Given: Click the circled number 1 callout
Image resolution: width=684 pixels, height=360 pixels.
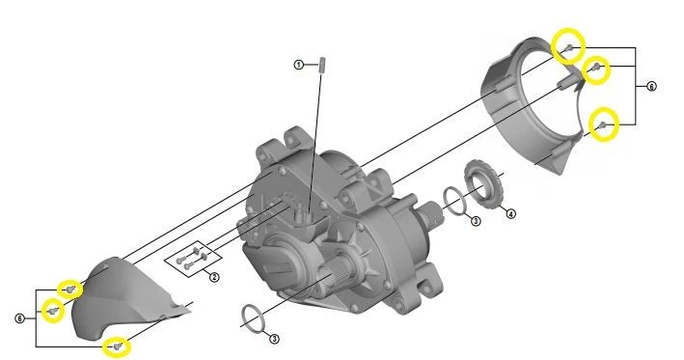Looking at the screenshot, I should [x=299, y=64].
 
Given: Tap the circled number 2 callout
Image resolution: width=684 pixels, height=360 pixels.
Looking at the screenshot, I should [x=214, y=277].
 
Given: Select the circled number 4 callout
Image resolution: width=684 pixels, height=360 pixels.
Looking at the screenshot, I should [x=510, y=213].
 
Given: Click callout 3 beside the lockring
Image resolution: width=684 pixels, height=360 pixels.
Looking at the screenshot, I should [x=475, y=222].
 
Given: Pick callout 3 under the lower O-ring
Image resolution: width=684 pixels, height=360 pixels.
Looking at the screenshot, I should [x=274, y=339].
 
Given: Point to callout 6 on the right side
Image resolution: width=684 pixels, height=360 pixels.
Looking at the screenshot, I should [x=651, y=86].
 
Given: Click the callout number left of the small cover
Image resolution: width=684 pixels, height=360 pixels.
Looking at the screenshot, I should [x=20, y=317].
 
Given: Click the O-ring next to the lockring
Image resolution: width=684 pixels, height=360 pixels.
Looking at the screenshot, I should [x=452, y=200].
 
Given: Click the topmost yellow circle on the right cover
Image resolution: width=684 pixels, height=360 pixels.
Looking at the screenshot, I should [x=569, y=46].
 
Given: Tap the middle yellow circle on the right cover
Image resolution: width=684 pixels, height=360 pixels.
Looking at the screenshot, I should [x=597, y=68].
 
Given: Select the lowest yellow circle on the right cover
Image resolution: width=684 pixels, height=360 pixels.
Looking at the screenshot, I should [x=604, y=125].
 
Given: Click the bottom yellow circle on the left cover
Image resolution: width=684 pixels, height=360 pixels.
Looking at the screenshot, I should [x=118, y=345].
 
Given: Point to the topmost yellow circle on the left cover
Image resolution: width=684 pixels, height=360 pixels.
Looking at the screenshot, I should [x=70, y=289].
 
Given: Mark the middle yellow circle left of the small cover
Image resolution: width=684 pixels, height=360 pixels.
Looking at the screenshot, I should [x=51, y=311].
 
